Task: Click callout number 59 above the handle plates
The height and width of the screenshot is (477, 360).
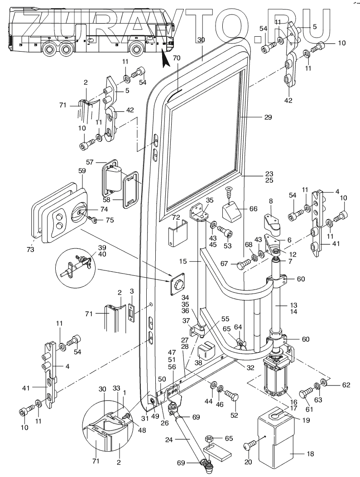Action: point(82,172)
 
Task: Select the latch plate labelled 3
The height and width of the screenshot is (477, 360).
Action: point(132,312)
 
